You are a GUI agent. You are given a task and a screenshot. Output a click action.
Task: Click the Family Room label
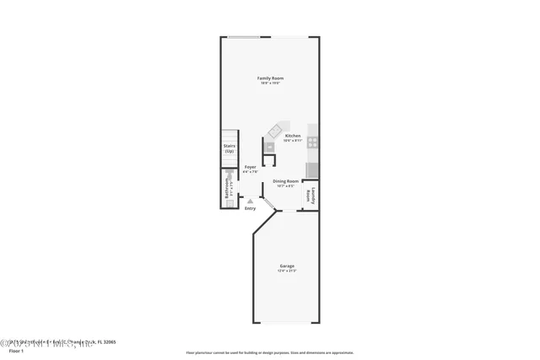pos(270,78)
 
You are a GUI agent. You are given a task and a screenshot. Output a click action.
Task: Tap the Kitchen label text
pos(293,136)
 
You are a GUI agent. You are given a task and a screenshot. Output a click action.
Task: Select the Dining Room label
pos(286,181)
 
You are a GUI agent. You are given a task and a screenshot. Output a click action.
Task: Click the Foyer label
pos(251,167)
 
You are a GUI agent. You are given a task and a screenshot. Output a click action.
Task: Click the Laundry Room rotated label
pos(312,194)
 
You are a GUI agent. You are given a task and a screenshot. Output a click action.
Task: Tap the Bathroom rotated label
pos(227,186)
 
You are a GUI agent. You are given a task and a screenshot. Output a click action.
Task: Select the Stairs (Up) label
pos(229,148)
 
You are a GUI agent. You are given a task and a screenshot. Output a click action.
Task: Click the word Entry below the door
pos(250,208)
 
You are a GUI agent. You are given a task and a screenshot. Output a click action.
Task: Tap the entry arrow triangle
pos(250,201)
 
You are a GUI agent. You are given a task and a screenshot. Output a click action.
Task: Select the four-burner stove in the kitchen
pos(313,142)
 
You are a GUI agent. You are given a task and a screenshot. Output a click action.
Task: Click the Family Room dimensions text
pos(270,83)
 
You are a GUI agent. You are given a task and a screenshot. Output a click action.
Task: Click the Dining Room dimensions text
pos(286,186)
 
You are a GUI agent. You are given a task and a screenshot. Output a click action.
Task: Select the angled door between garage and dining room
pos(265,206)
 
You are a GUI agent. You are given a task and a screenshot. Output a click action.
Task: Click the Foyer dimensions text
pos(251,172)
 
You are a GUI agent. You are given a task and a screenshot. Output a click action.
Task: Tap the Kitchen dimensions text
pos(293,141)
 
